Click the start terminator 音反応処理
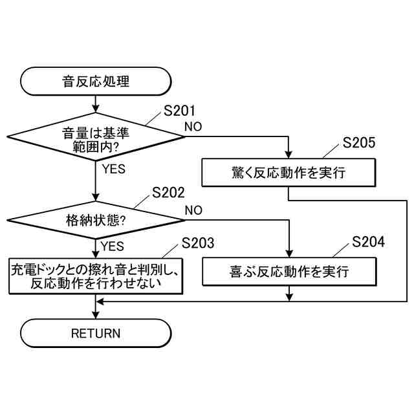pos(96,82)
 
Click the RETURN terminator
pos(96,334)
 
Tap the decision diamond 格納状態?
pos(96,221)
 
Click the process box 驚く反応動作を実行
pos(288,173)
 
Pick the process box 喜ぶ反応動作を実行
pos(288,271)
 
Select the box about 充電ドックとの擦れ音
pos(96,274)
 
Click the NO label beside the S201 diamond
pos(193,125)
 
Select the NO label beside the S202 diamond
pos(193,210)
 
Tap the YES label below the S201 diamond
pos(114,170)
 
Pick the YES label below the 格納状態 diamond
pos(113,246)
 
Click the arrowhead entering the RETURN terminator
pos(96,315)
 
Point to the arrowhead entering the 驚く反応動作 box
pos(288,155)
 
